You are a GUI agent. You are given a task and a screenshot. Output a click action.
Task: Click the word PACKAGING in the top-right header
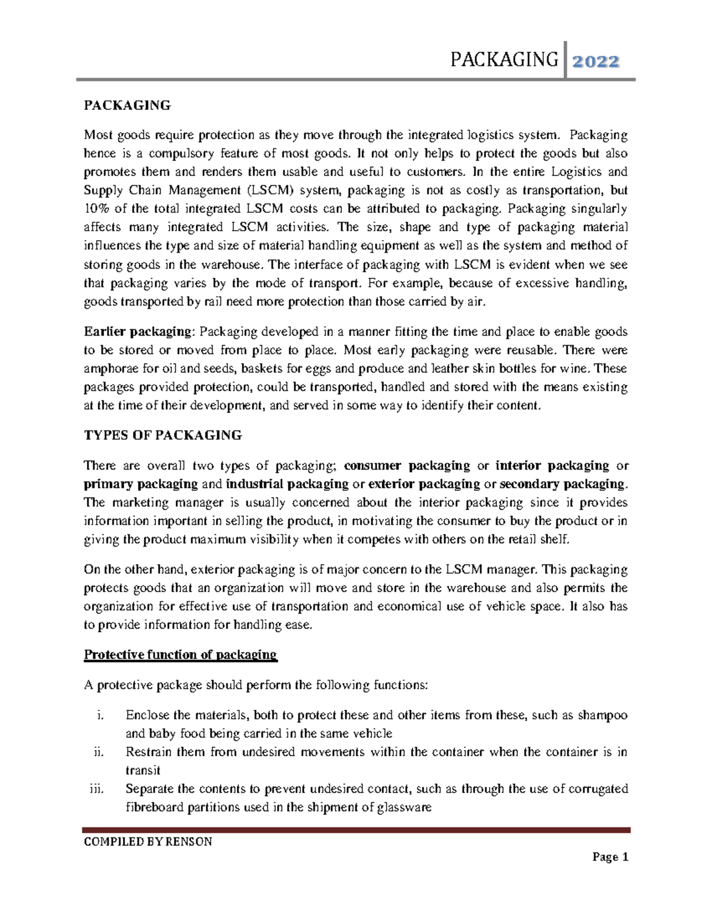tap(505, 60)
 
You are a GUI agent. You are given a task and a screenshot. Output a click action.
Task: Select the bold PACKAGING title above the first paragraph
tap(127, 106)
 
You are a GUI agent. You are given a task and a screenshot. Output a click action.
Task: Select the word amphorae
tap(110, 368)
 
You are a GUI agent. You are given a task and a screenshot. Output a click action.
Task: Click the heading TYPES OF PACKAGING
tap(163, 435)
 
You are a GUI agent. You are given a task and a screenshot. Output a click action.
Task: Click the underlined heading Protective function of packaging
tap(180, 655)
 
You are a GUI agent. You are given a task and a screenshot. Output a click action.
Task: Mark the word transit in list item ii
tap(143, 770)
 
